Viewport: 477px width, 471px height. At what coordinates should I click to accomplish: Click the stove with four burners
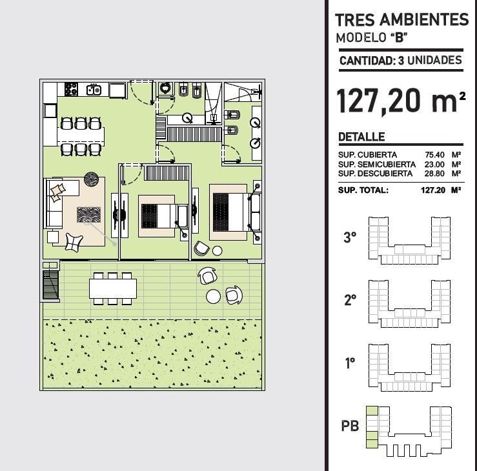71,89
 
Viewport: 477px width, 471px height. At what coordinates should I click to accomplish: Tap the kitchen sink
94,90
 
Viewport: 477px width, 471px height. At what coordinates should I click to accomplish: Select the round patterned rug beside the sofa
91,179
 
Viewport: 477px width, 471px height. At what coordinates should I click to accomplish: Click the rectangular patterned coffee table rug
88,214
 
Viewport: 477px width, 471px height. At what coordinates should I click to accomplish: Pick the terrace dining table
113,288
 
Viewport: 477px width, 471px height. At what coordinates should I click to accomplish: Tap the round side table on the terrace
213,296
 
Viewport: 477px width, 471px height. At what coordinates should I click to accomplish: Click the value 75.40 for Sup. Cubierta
434,155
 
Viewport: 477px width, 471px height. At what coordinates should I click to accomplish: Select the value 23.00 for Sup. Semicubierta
434,165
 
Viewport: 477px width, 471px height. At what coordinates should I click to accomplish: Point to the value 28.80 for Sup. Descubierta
434,174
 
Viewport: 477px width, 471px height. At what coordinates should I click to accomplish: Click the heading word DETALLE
361,137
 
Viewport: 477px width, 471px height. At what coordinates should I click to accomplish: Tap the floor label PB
350,426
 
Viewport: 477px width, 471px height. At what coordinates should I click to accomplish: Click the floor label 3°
350,237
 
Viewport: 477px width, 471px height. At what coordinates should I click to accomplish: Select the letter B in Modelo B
399,37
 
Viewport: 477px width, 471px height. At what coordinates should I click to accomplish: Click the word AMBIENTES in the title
424,20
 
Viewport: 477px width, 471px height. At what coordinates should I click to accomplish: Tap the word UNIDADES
434,61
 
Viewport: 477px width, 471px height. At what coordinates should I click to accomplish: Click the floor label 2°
350,300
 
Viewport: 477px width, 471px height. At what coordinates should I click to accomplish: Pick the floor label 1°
350,363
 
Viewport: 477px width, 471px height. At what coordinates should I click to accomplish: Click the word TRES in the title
355,20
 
